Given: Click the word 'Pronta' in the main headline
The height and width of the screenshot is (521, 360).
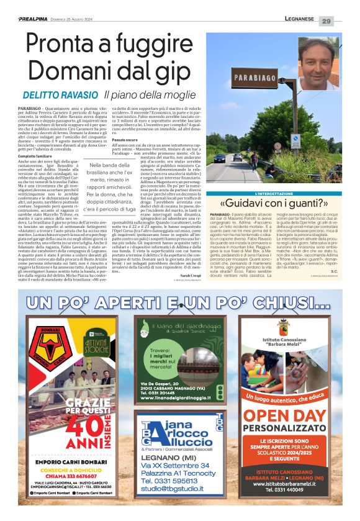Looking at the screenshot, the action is click(x=66, y=48).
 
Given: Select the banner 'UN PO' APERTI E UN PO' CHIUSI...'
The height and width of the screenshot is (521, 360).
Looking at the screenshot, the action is click(x=180, y=303).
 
